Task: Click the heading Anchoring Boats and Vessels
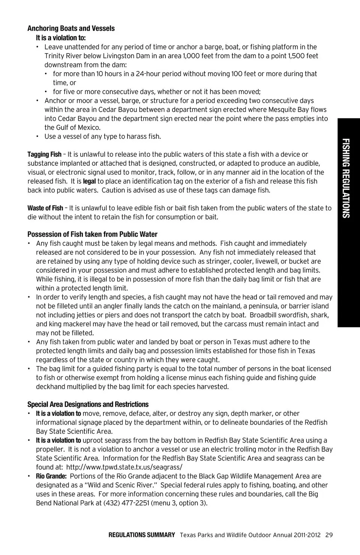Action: pos(71,28)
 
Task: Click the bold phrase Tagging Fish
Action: pos(44,154)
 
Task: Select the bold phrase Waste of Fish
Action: pos(45,208)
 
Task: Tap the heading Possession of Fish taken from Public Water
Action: pos(92,234)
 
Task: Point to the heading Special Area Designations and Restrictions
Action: pos(88,405)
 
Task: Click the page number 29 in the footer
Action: pos(329,535)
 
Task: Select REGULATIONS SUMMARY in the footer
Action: pos(142,535)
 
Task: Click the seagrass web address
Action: pos(124,467)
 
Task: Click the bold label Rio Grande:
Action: pos(51,476)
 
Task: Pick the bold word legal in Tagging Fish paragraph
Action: pos(89,181)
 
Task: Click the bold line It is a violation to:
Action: pos(61,38)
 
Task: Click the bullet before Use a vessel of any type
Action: pos(37,136)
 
